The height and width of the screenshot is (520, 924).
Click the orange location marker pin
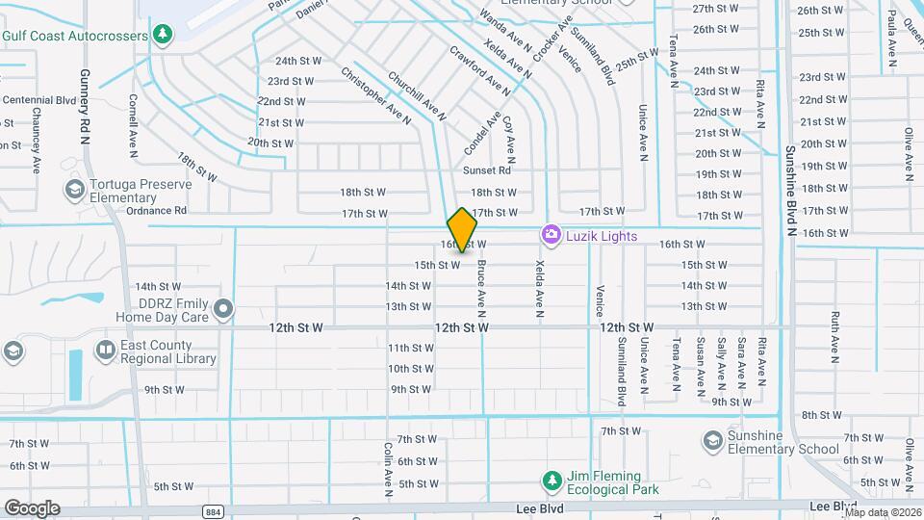[463, 229]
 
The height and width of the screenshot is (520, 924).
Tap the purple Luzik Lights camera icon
[551, 235]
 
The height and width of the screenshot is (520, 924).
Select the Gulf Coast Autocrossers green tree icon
[164, 36]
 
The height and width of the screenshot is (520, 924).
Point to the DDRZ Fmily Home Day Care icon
[223, 309]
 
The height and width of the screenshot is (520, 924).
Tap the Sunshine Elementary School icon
[712, 441]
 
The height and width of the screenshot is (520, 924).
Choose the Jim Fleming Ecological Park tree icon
[552, 481]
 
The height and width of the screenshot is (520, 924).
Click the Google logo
[32, 508]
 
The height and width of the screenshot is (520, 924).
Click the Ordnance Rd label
[155, 210]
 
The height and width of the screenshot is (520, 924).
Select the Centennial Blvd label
[39, 99]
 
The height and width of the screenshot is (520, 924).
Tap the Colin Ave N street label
[388, 470]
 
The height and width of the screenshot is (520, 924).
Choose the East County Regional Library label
[168, 351]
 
